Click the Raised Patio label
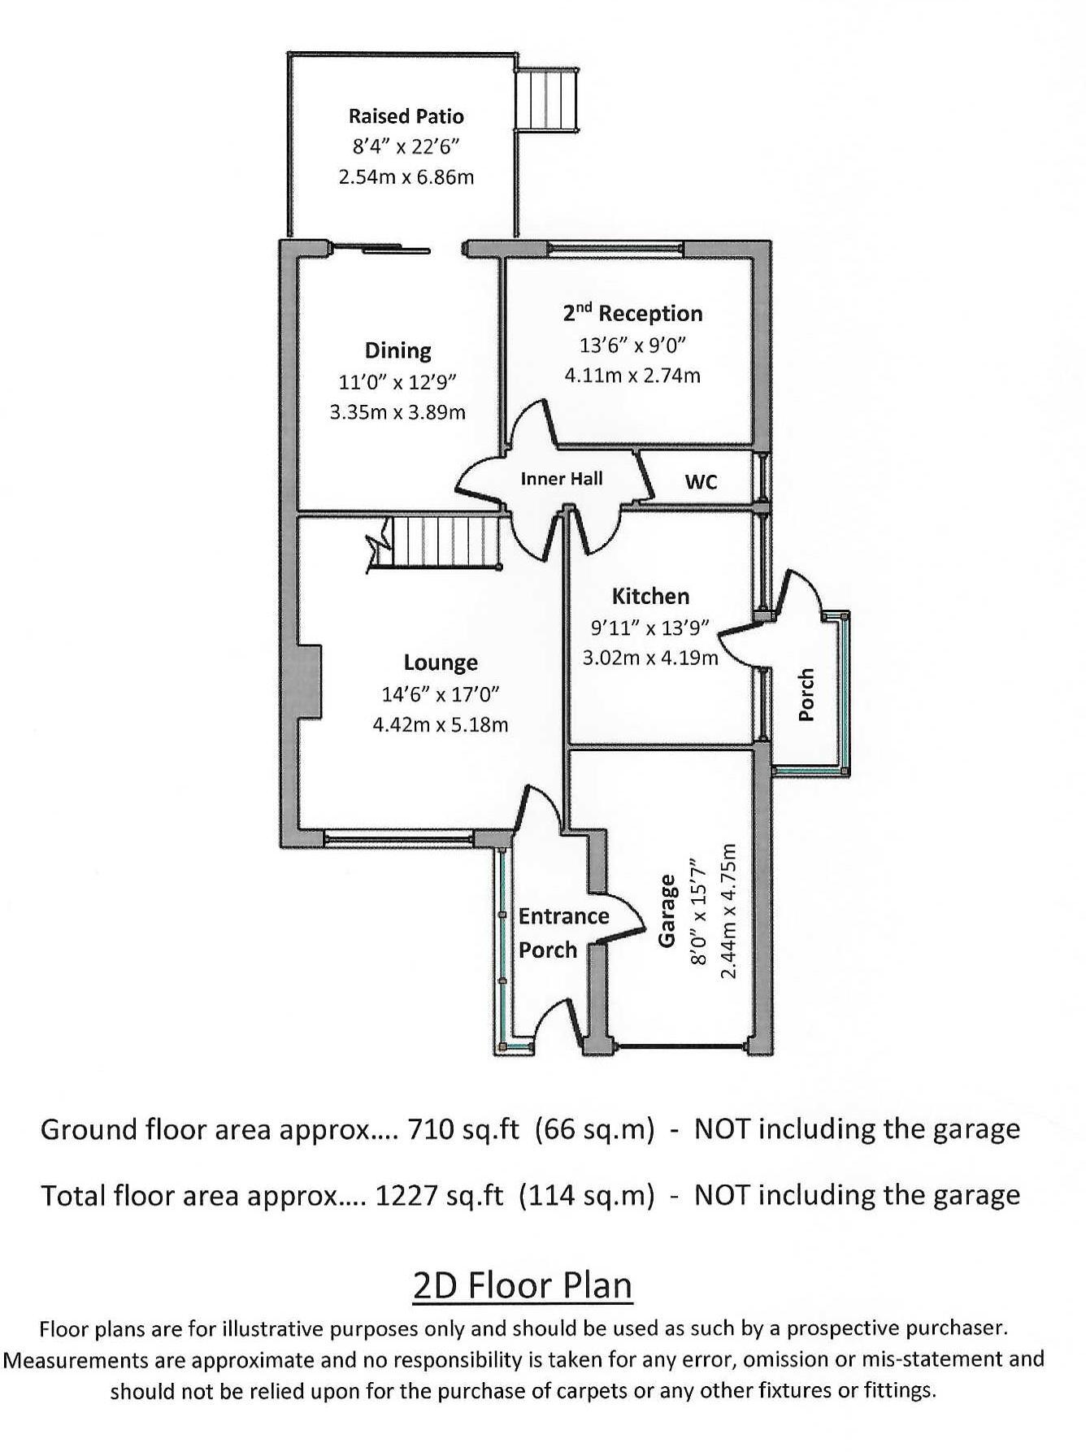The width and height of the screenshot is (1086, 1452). pos(406,116)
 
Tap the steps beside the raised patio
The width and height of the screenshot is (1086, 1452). pos(547,99)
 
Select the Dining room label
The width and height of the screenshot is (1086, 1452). pos(397,350)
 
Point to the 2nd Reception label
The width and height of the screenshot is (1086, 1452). pos(632,314)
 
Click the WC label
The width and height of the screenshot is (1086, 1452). pos(701,482)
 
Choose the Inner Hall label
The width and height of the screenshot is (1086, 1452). pos(562,479)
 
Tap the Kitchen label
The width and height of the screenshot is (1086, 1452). pos(650,596)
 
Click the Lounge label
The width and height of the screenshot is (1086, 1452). pos(441,663)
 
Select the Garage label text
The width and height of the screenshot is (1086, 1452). pos(667,911)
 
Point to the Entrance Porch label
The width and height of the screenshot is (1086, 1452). pos(563,932)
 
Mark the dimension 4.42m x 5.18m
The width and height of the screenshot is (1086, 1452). pos(441,724)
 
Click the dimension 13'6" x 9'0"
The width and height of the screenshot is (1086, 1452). pos(632,345)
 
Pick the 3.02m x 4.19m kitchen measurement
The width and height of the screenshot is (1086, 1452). pos(650,658)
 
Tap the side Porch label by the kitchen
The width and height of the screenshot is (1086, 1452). pos(806,694)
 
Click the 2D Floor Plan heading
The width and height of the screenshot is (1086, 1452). pos(523,1286)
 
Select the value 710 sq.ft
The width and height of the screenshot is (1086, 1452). pos(462,1129)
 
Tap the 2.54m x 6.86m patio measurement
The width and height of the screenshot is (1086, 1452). pos(406,176)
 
